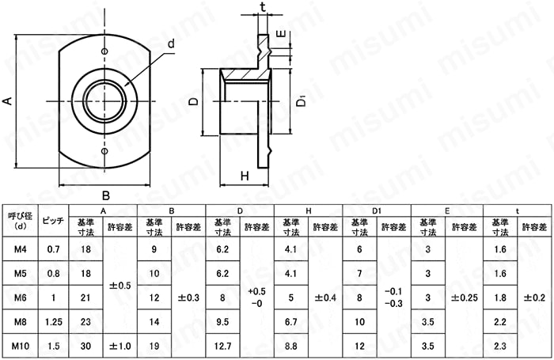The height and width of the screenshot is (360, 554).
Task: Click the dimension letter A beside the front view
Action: [8, 101]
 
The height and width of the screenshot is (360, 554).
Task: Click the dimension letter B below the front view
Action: [105, 195]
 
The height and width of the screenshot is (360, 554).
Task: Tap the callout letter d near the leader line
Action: [171, 44]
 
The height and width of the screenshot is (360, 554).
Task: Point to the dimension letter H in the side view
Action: [245, 176]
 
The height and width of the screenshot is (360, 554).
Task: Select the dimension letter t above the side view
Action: [263, 6]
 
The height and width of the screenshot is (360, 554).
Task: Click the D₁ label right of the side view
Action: [301, 100]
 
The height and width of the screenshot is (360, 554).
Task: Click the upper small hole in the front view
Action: [104, 51]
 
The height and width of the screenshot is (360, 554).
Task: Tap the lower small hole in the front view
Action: [104, 151]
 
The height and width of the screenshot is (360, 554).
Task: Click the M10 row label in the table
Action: [20, 346]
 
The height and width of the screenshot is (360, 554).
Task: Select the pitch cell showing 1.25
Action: [54, 322]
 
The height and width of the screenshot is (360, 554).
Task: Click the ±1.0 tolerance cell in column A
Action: [120, 346]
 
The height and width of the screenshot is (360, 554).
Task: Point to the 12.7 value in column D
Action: [222, 346]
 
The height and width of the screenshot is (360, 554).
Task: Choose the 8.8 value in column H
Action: [290, 346]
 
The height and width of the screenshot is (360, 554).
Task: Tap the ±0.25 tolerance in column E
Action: [465, 297]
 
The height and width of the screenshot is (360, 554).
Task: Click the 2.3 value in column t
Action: [500, 346]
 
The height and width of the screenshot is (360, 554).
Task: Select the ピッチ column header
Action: [53, 221]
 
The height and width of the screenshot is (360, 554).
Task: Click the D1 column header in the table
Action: [377, 211]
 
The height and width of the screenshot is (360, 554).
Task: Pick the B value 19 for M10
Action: [154, 346]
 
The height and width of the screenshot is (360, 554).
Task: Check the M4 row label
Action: [20, 249]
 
